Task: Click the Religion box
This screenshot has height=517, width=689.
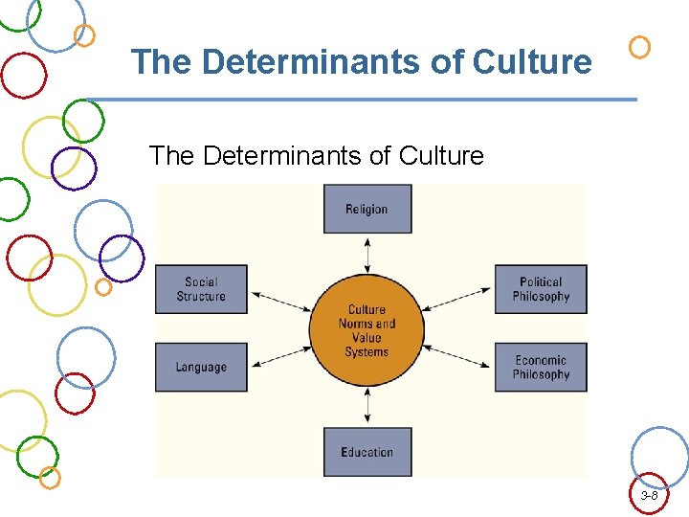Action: tap(367, 210)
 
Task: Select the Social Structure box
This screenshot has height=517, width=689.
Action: tap(201, 289)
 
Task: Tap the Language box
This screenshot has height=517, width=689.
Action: tap(201, 368)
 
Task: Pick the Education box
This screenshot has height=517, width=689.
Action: tap(367, 452)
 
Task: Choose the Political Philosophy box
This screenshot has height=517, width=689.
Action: tap(541, 289)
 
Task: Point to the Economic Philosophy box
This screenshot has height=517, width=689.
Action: tap(541, 368)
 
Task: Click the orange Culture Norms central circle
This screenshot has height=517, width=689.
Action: tap(367, 330)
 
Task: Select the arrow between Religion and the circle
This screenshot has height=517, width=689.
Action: tap(367, 255)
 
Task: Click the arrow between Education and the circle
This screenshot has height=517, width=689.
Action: tap(367, 406)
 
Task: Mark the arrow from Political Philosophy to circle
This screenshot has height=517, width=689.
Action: tap(457, 301)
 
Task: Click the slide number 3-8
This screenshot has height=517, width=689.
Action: tap(649, 496)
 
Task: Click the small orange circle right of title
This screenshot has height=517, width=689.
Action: tap(640, 46)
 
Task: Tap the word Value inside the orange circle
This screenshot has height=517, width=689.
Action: tap(367, 338)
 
